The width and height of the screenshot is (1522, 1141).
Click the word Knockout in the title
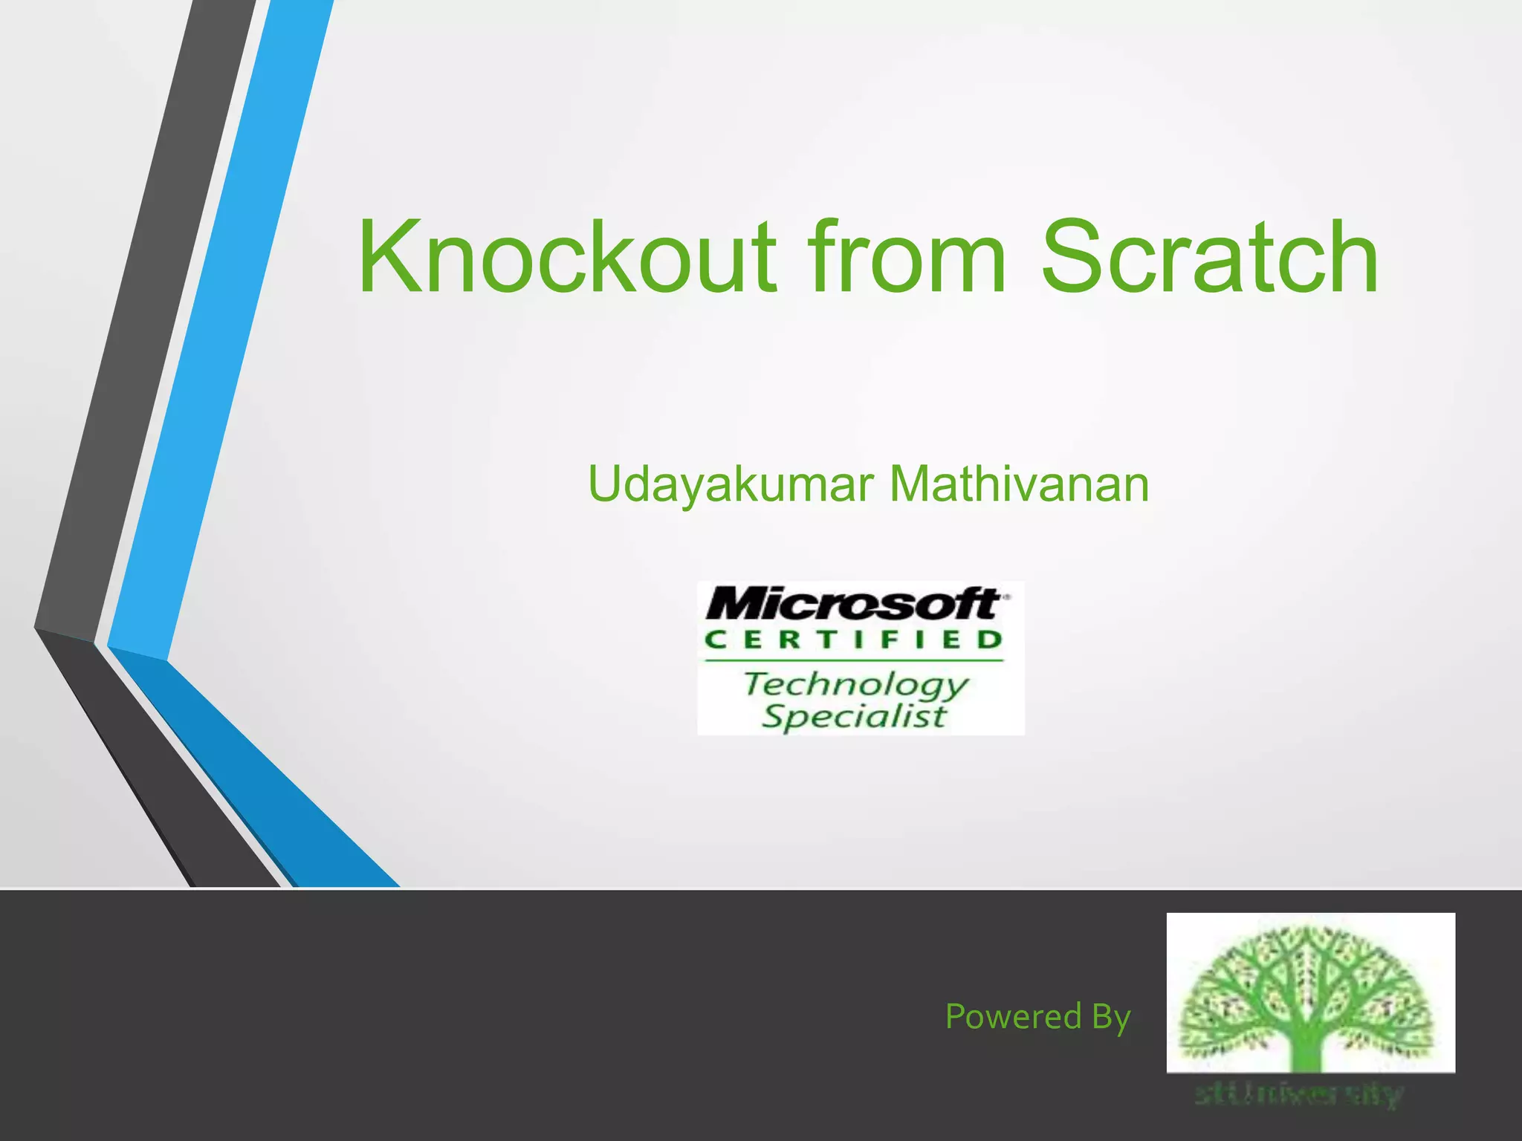tap(567, 258)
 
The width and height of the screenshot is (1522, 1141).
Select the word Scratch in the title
tap(1209, 258)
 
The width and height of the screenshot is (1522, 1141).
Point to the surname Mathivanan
tap(1019, 484)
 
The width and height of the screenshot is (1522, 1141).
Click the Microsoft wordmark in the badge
tap(851, 603)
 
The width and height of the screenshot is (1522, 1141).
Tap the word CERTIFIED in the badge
tap(853, 640)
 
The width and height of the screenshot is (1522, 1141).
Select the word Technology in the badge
tap(856, 683)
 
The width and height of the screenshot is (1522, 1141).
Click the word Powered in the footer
tap(1013, 1016)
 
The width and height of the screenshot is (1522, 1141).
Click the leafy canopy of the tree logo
tap(1310, 973)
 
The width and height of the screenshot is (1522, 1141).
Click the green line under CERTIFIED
tap(853, 660)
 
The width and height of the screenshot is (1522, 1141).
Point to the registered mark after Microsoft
tap(1006, 596)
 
